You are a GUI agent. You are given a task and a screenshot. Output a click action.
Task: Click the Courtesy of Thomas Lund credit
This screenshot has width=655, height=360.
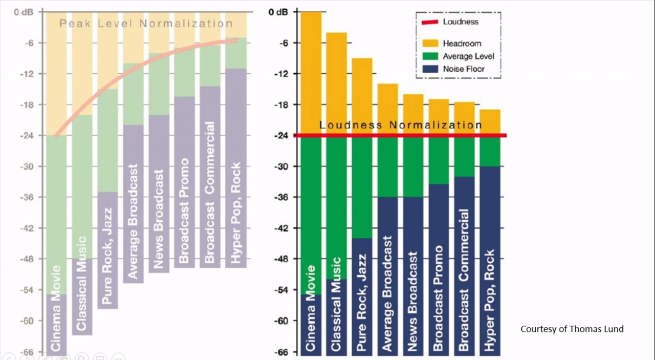point(572,329)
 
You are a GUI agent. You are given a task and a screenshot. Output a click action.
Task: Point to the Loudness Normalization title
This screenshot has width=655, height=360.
point(400,125)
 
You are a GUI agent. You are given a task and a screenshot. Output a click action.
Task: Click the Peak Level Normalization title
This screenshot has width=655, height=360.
point(146,24)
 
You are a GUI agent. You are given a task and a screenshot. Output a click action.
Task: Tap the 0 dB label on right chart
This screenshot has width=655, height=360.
point(278,12)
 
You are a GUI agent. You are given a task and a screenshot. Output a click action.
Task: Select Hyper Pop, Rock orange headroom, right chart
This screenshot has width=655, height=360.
point(490,122)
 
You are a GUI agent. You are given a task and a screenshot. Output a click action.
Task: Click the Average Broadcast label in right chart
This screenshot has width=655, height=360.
point(388,293)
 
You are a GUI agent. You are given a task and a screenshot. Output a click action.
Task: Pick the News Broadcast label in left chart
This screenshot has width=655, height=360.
point(159,219)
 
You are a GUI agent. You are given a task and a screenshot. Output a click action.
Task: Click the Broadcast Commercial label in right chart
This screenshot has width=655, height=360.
point(464,280)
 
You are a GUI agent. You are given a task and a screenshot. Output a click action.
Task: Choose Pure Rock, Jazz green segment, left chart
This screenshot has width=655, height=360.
point(107,141)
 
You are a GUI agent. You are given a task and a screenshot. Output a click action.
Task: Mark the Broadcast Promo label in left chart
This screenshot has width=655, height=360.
point(184,210)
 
